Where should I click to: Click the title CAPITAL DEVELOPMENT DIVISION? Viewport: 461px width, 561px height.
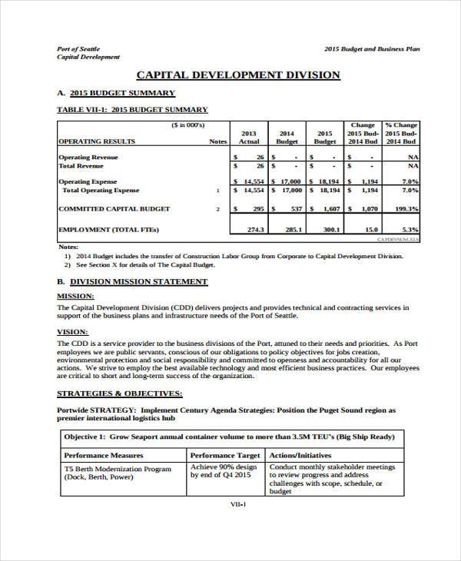237,75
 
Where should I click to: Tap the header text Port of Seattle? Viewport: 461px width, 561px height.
79,48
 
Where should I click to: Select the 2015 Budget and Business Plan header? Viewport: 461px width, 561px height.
372,48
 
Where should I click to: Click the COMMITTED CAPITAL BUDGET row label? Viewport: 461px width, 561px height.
114,208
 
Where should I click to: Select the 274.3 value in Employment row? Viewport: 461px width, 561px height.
256,229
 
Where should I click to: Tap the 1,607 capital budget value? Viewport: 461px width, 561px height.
331,209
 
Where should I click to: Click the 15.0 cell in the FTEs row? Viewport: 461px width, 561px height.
370,229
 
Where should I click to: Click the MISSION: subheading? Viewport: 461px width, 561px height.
76,295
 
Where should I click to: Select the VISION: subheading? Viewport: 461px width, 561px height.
73,331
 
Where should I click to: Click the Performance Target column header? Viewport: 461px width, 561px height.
226,455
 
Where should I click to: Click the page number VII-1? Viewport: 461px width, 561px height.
237,505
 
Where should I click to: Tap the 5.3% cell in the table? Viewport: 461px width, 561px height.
410,229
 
